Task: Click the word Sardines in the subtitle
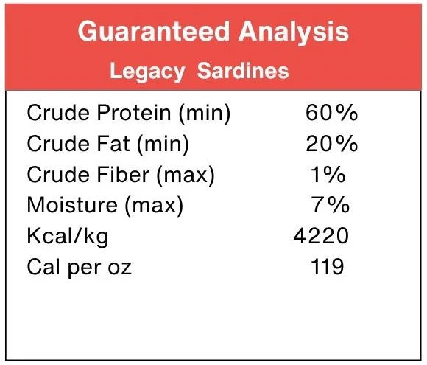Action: tap(247, 72)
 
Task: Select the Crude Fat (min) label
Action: tap(107, 144)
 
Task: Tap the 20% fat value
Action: tap(332, 144)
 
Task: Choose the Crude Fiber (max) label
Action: tap(121, 175)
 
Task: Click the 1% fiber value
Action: tap(328, 175)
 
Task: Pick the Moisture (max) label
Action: tap(105, 205)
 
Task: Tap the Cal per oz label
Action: tap(79, 266)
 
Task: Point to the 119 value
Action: tap(325, 266)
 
